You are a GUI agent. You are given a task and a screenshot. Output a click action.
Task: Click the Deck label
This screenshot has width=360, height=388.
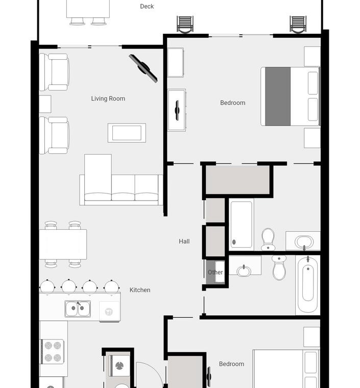click(147, 7)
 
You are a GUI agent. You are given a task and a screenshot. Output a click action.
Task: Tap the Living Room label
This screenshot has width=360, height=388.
click(108, 99)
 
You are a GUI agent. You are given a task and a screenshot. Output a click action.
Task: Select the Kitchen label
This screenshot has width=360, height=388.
click(140, 290)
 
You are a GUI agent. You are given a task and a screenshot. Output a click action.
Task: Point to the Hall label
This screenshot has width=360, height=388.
click(184, 241)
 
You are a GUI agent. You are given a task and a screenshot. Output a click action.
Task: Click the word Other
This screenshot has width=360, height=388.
click(215, 272)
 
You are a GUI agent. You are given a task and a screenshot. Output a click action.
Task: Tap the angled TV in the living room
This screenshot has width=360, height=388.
click(143, 68)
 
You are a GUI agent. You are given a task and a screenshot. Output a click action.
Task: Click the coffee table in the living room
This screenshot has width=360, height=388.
click(127, 133)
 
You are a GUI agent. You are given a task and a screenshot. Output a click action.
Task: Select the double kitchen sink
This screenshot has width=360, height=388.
click(78, 308)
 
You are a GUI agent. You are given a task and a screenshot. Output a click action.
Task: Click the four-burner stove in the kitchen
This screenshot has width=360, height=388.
click(53, 352)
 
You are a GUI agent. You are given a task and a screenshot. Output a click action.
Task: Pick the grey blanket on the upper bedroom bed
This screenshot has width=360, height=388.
click(278, 96)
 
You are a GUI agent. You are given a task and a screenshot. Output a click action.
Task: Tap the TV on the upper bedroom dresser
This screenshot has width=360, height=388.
click(177, 110)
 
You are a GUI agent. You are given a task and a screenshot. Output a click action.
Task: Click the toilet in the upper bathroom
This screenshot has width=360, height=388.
click(268, 239)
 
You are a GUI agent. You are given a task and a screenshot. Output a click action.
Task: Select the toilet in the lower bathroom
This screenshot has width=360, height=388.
click(279, 268)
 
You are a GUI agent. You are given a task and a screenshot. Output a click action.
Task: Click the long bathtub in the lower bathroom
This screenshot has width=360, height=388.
click(307, 285)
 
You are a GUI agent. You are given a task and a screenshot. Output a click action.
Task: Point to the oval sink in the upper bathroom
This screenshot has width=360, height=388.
click(304, 242)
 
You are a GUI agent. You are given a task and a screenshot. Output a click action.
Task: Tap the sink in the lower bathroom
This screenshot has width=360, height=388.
click(244, 271)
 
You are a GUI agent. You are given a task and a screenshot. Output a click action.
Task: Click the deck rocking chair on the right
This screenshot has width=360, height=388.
click(298, 25)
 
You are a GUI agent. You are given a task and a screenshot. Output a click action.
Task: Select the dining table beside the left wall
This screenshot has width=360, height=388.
click(63, 244)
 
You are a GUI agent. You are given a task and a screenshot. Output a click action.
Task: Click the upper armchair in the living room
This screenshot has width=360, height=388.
click(54, 72)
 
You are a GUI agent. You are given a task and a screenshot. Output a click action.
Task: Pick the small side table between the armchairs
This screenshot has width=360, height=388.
click(45, 104)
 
